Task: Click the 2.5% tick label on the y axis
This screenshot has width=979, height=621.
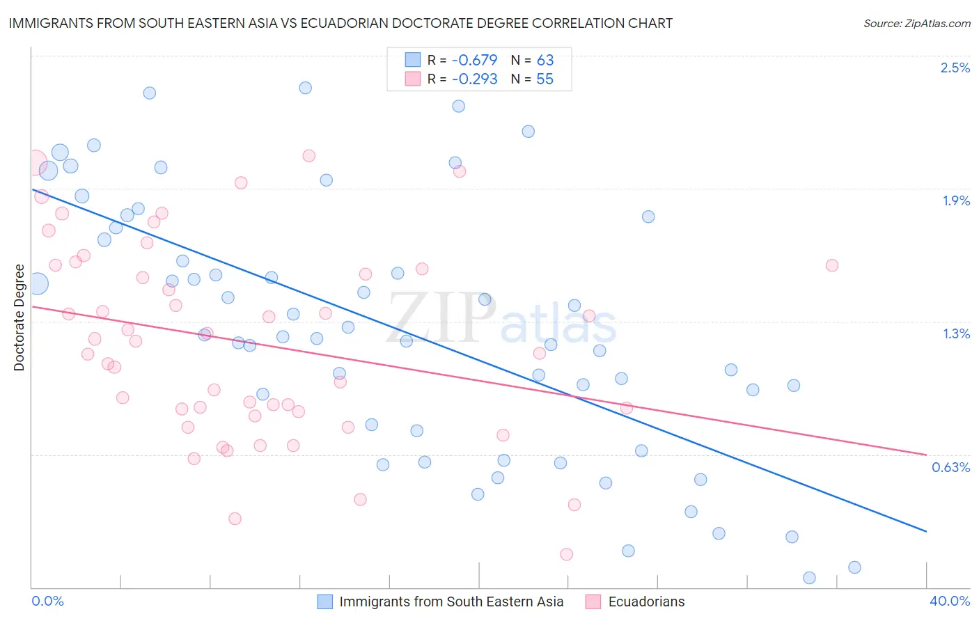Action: click(x=955, y=68)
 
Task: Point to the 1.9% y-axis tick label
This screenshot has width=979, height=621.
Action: click(x=956, y=201)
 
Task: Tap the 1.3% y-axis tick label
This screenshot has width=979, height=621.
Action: click(x=956, y=333)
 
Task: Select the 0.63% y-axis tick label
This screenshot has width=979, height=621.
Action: click(x=950, y=467)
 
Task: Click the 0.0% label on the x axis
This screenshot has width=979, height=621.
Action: click(x=47, y=601)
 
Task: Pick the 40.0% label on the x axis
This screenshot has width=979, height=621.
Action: click(x=949, y=601)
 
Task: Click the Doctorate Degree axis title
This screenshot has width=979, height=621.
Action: click(x=19, y=317)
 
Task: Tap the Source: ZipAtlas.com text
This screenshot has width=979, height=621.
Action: click(x=916, y=23)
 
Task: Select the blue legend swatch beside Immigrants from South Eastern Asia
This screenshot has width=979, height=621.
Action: click(x=324, y=602)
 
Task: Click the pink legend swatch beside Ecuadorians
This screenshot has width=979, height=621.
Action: click(x=593, y=602)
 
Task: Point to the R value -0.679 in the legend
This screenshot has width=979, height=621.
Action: click(x=474, y=60)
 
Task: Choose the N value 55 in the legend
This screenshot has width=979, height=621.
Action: click(x=545, y=79)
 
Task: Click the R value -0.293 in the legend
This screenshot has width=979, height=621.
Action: click(x=474, y=79)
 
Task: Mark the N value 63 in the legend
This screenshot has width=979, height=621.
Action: click(x=545, y=60)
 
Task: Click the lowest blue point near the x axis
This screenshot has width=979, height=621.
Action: click(x=809, y=578)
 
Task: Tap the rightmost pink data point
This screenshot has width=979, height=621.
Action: click(x=831, y=265)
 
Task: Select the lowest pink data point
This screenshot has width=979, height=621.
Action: click(x=566, y=554)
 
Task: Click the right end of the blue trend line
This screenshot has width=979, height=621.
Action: click(x=926, y=531)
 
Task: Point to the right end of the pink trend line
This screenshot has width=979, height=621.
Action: click(x=926, y=455)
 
